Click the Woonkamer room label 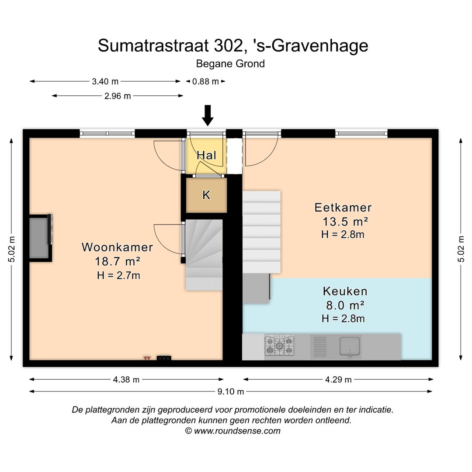coord(117,247)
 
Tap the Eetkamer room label coord(343,207)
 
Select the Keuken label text coord(345,291)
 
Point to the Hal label coord(206,155)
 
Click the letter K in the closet coord(206,195)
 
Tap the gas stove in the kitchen coord(279,345)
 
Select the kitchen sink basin coord(350,346)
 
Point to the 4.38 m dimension coord(126,380)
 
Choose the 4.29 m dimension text coord(338,380)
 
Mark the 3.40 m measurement coord(105,81)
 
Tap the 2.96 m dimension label coord(118,96)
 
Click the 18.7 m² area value coord(118,262)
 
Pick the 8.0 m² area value coord(344,305)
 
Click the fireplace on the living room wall coord(40,237)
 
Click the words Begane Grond coord(230,64)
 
